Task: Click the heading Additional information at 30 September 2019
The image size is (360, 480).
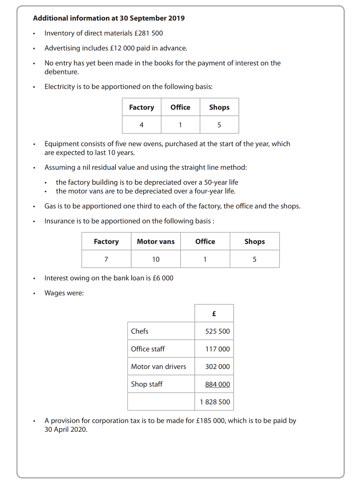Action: point(109,18)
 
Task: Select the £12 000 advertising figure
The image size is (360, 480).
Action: point(122,48)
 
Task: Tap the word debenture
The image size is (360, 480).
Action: point(61,72)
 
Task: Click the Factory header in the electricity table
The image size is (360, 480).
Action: point(141,107)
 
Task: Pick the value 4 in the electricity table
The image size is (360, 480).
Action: point(141,125)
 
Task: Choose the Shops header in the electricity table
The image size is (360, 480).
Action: point(219,107)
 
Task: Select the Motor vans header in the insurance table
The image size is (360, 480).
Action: point(156,241)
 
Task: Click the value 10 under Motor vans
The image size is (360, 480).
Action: point(156,259)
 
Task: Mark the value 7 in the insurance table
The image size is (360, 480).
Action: point(106,259)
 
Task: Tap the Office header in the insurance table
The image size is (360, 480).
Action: point(205,241)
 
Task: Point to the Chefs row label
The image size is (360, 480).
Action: point(139,331)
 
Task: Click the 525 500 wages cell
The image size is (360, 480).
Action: point(217,331)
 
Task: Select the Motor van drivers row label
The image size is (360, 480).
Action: point(159,367)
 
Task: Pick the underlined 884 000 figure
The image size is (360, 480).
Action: point(217,384)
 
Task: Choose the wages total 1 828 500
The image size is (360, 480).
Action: point(215,402)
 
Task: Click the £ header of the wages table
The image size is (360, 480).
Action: point(214,314)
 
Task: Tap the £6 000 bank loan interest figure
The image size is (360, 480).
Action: point(163,278)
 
